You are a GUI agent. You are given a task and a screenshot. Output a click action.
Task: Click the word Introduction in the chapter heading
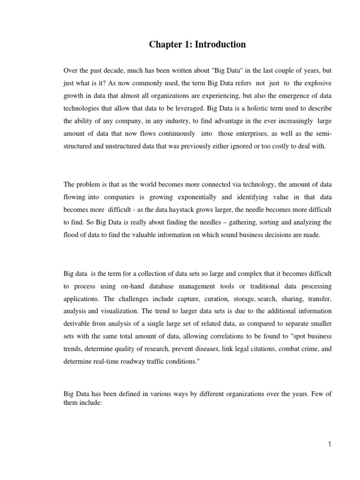tap(221, 45)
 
